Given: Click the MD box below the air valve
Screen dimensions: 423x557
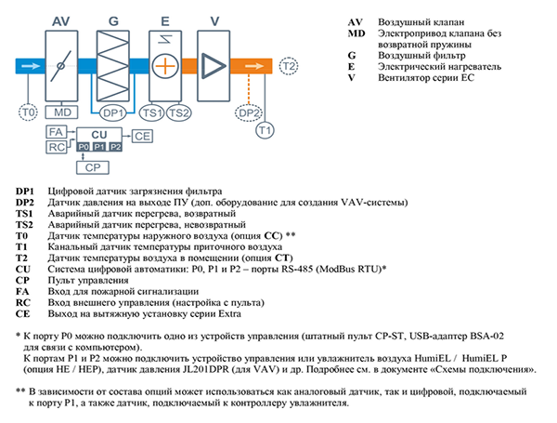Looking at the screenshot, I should [63, 112].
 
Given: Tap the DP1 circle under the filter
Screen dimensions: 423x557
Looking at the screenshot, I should [114, 112].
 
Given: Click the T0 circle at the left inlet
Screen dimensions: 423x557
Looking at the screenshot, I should [27, 112].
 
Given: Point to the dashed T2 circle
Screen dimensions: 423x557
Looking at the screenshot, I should [290, 67].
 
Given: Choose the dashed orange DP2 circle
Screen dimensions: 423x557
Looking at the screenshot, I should [249, 112].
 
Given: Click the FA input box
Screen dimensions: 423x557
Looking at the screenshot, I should [56, 133].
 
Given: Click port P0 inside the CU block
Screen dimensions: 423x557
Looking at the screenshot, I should [84, 147].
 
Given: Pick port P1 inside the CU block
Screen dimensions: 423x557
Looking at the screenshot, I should [99, 147].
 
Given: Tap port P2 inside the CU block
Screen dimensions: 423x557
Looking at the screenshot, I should [115, 147].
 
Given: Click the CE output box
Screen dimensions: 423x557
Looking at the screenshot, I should [142, 136].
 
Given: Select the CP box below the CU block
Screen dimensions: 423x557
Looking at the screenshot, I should [91, 167].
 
